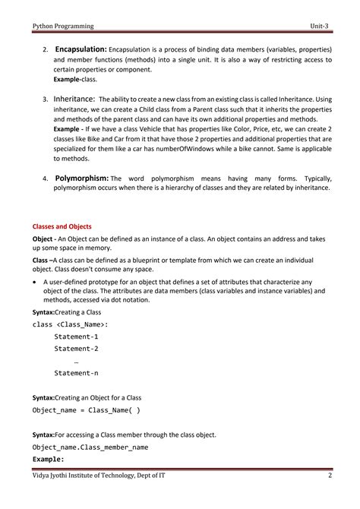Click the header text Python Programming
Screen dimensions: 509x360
tap(63, 26)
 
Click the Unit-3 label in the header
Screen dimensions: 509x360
tap(320, 26)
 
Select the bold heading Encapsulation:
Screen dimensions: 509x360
tap(81, 49)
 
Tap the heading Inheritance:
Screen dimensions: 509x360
tap(74, 99)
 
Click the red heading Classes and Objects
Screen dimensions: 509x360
tap(62, 226)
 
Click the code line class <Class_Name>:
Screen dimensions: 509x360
tap(71, 324)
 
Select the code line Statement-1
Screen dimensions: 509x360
tap(76, 336)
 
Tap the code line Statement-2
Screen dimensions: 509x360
tap(76, 349)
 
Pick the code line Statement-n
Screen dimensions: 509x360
tap(76, 373)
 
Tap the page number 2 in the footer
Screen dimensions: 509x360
tap(330, 476)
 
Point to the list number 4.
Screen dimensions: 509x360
tap(45, 179)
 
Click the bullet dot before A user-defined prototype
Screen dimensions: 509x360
tap(35, 281)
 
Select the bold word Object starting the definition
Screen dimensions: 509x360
tap(43, 239)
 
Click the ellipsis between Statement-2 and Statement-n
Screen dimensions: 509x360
tap(77, 361)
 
